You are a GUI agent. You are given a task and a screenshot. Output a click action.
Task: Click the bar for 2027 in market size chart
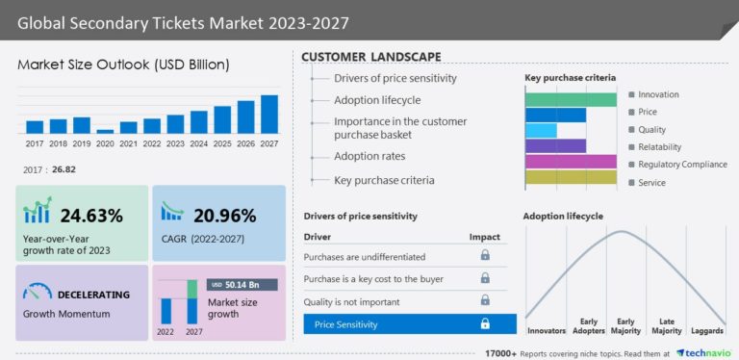[269, 114]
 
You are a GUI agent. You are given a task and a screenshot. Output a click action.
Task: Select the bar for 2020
[105, 131]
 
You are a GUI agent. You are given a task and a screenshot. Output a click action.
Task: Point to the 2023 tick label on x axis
[175, 143]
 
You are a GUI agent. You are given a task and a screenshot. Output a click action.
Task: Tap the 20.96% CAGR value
[224, 215]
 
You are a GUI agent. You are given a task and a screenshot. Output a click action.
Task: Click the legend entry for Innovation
[658, 94]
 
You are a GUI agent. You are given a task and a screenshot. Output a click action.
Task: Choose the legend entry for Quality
[651, 130]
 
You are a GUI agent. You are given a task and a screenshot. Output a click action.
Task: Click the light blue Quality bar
[541, 130]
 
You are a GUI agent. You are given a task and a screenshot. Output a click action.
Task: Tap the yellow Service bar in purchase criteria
[570, 177]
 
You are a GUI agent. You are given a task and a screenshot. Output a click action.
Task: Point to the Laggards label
[708, 332]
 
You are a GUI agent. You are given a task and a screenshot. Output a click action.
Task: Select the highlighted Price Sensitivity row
[409, 324]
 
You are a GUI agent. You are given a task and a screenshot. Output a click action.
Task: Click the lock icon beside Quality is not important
[485, 300]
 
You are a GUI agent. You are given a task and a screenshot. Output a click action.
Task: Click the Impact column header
[484, 236]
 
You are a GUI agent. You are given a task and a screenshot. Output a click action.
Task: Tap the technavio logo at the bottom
[706, 353]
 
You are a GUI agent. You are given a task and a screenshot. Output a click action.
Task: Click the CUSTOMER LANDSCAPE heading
[371, 57]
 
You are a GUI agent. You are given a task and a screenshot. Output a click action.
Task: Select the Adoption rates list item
[369, 156]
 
